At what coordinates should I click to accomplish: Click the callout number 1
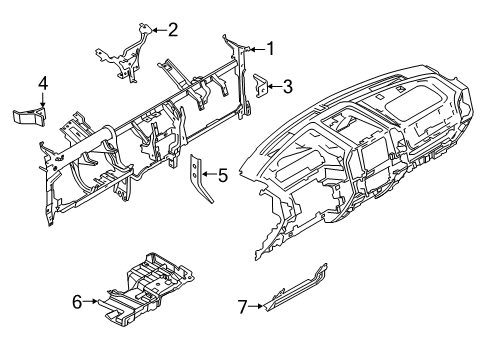[x=268, y=47]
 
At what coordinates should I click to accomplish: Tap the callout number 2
[x=172, y=29]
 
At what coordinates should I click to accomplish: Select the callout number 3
[x=287, y=87]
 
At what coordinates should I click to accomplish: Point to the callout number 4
[x=43, y=82]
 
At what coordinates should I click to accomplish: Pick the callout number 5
[x=222, y=175]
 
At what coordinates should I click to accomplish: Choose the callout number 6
[x=76, y=299]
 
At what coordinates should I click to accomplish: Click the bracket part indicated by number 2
[x=127, y=52]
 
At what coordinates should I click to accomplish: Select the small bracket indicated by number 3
[x=258, y=87]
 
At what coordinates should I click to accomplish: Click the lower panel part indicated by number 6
[x=145, y=286]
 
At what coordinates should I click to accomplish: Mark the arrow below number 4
[x=43, y=100]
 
